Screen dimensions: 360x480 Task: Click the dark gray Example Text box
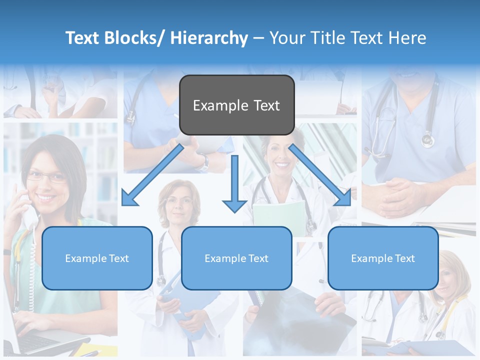(x=236, y=105)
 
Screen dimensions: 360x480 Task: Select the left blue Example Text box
(x=97, y=258)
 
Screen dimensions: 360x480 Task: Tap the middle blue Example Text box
(x=236, y=258)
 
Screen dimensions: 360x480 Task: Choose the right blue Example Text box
(x=383, y=258)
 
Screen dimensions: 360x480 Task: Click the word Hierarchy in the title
(x=209, y=38)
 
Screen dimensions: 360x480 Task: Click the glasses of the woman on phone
(x=46, y=176)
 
